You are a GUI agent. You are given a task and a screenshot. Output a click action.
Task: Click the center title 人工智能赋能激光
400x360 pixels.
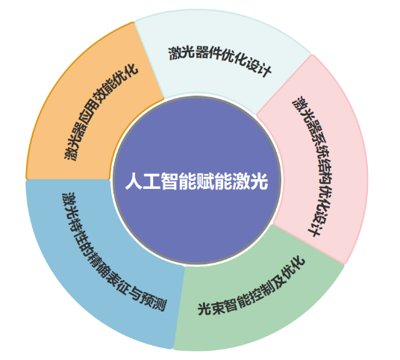click(196, 181)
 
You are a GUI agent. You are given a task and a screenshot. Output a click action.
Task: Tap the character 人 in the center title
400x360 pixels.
click(134, 181)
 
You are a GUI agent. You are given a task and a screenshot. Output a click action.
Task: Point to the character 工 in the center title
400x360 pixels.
click(151, 181)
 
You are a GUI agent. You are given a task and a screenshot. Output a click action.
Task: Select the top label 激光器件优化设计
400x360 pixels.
click(219, 59)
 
